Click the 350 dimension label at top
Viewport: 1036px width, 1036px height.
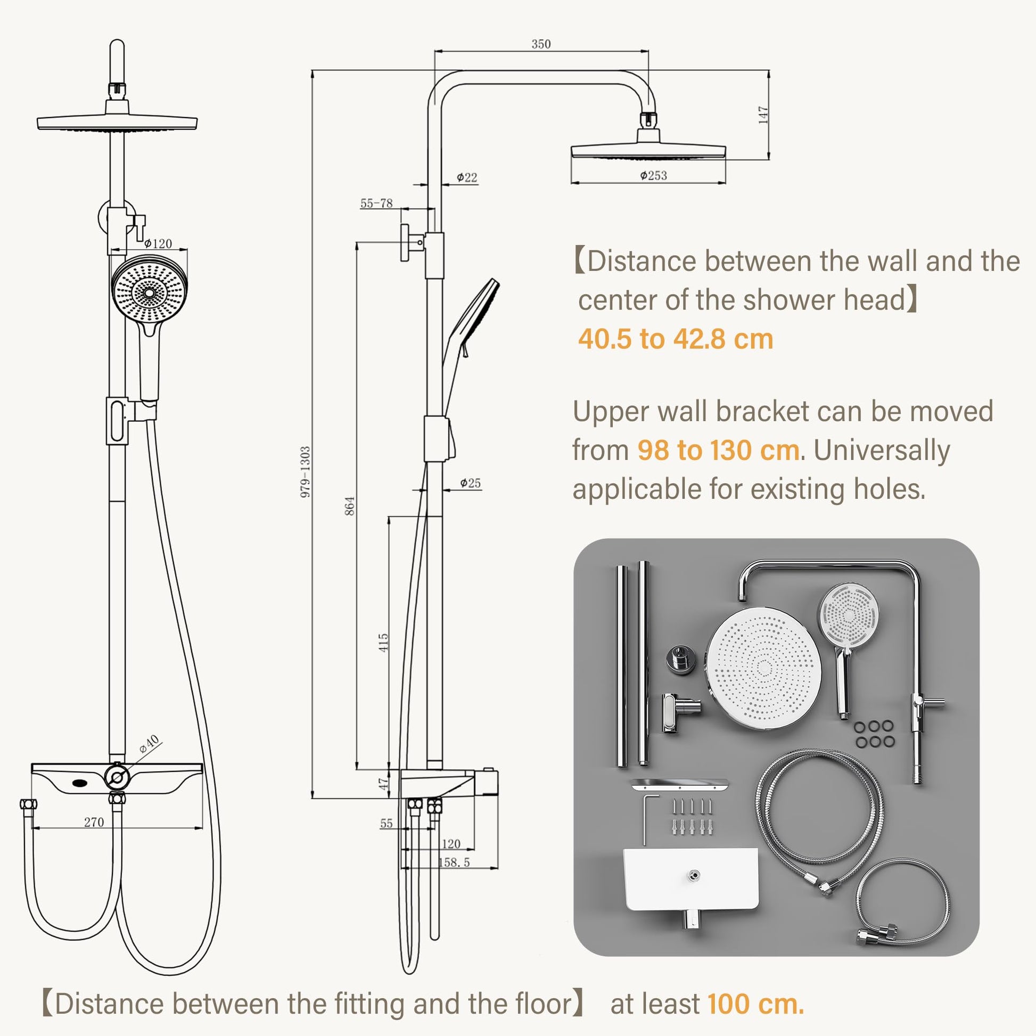(x=540, y=44)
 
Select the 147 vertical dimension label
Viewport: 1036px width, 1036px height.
(x=763, y=115)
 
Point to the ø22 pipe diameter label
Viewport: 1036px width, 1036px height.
(x=466, y=177)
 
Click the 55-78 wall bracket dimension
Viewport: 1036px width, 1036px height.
(x=376, y=203)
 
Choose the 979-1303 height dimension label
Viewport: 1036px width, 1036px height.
(x=305, y=472)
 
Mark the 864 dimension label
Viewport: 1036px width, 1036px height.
(x=349, y=506)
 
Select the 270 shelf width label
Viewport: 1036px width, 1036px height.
(x=94, y=822)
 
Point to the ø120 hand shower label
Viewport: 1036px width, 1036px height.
(x=158, y=243)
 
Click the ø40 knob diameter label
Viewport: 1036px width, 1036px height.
(x=149, y=744)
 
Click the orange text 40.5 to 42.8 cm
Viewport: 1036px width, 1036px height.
(x=675, y=339)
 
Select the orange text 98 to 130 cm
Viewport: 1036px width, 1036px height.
(x=718, y=450)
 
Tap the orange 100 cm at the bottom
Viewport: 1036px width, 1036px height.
(x=755, y=1004)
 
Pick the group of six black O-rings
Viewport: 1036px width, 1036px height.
(x=874, y=734)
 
